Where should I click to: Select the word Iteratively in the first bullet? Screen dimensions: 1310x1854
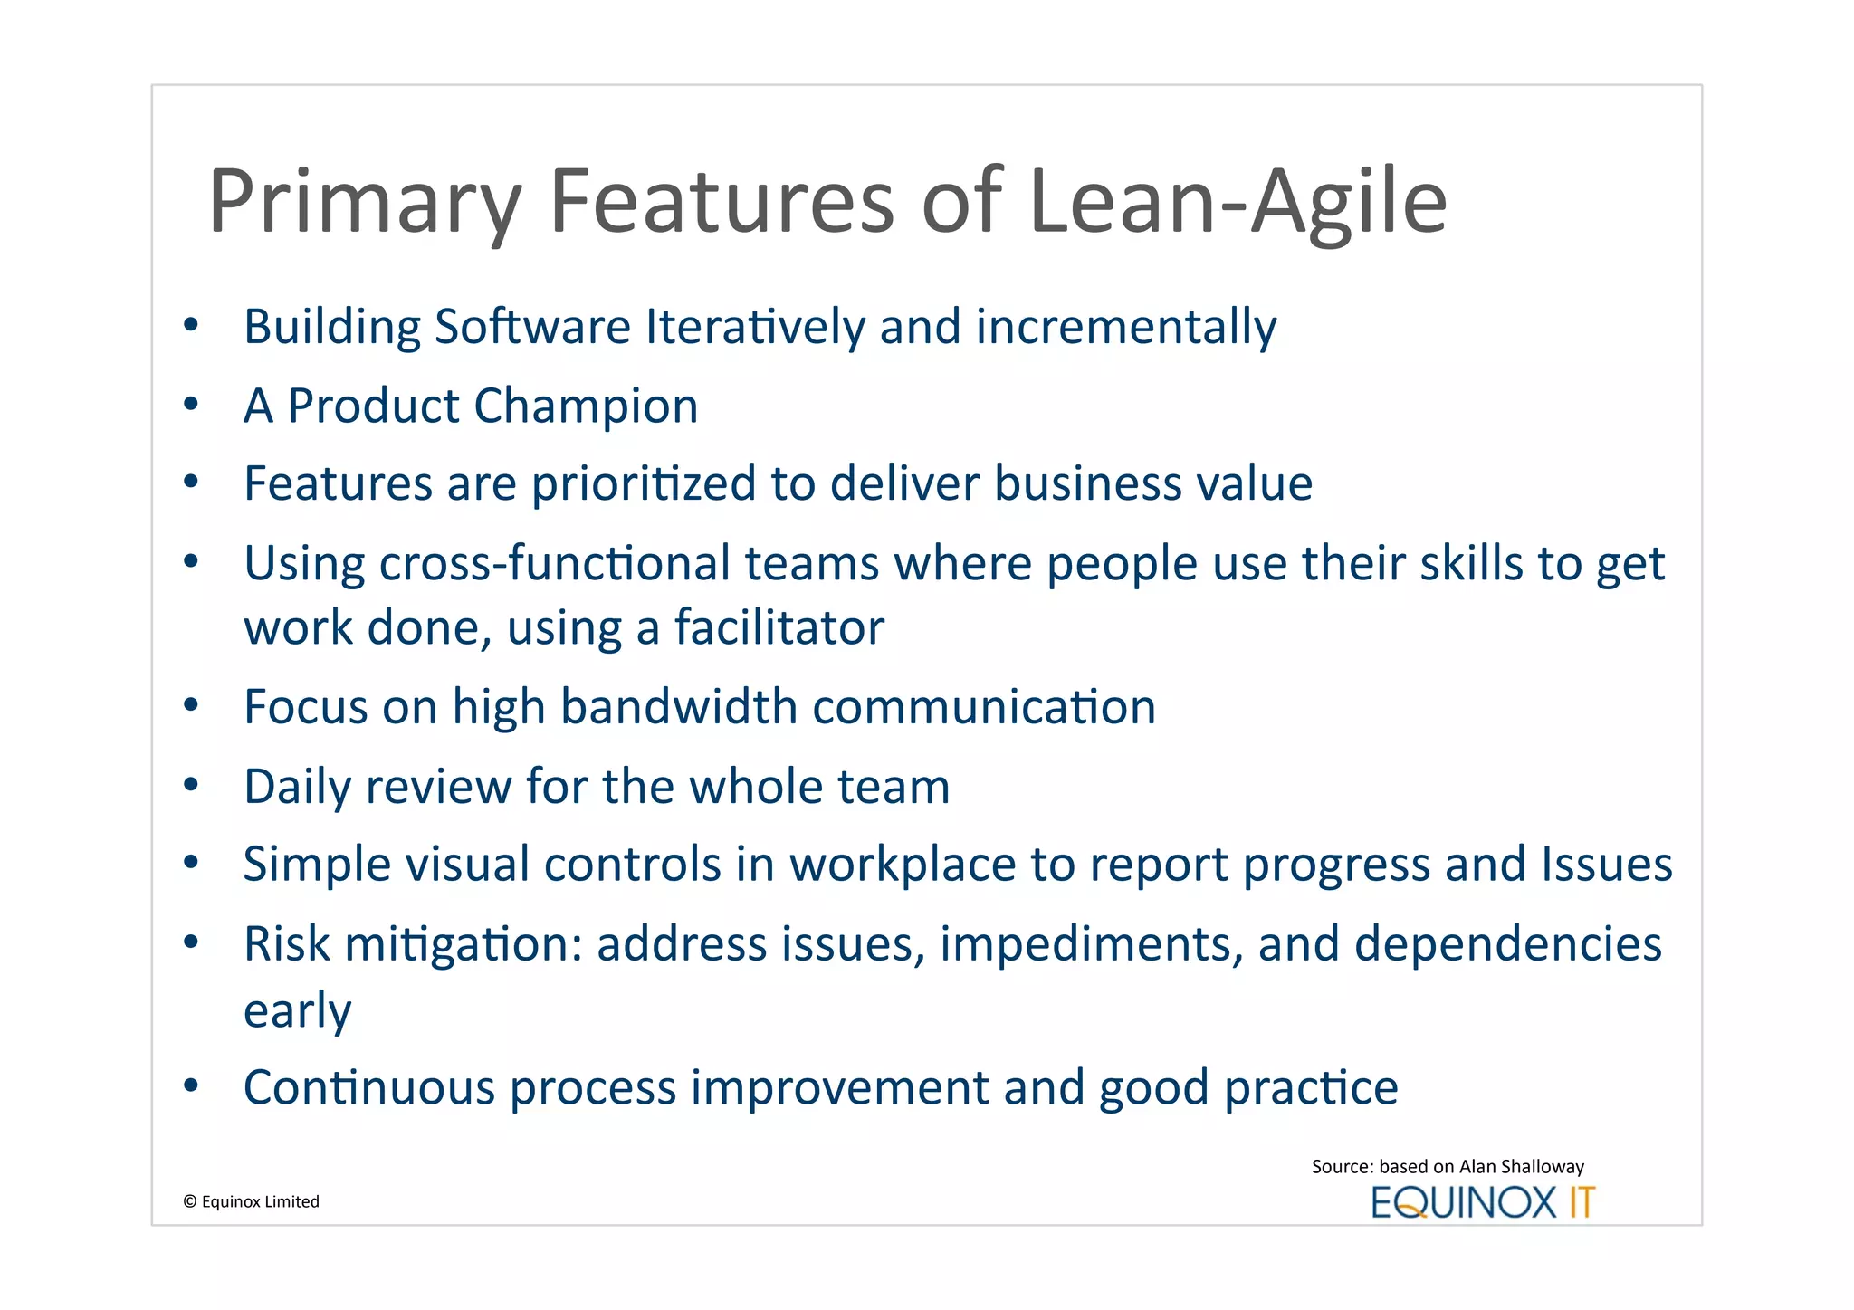(755, 327)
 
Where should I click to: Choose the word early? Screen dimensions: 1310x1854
(297, 1010)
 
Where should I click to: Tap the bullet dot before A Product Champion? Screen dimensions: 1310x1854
(190, 405)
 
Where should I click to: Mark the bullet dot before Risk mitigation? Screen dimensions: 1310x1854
(190, 942)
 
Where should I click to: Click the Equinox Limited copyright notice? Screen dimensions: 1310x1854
(252, 1201)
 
